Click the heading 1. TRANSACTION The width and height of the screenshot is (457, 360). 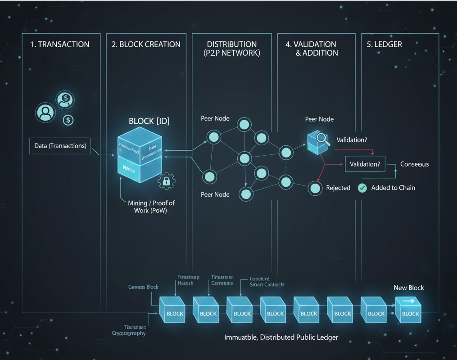(x=59, y=44)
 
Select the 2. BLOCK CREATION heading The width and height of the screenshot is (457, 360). (x=146, y=44)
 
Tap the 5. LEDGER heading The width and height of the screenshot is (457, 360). (x=388, y=44)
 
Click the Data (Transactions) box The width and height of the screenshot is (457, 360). (x=60, y=146)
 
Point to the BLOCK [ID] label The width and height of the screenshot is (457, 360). (x=149, y=121)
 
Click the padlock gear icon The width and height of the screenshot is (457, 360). (x=166, y=181)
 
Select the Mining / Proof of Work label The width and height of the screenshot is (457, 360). (x=151, y=207)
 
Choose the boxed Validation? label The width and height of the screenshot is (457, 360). (x=365, y=164)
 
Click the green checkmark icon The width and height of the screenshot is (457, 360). (x=362, y=188)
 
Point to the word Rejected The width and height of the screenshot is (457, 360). (x=338, y=188)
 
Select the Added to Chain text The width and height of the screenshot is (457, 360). (x=393, y=188)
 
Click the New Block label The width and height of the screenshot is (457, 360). (x=409, y=288)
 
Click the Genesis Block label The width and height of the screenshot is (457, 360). (x=143, y=287)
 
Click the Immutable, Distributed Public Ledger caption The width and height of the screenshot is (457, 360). (x=281, y=337)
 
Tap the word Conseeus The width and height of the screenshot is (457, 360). (x=414, y=164)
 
